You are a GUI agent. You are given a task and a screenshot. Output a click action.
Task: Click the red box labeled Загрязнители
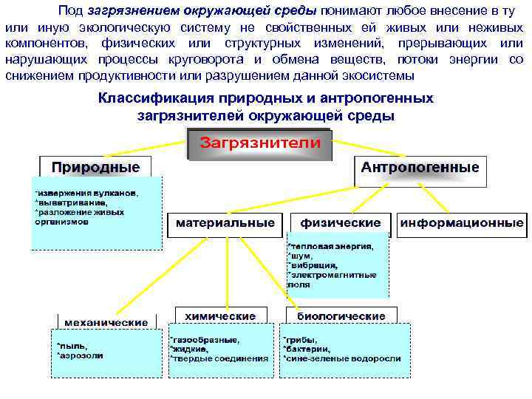pyautogui.click(x=261, y=143)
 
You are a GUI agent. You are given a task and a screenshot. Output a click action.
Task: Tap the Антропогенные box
pyautogui.click(x=419, y=168)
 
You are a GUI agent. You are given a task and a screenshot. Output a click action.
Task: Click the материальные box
pyautogui.click(x=225, y=223)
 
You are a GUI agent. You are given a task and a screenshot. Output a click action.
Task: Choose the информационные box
pyautogui.click(x=462, y=223)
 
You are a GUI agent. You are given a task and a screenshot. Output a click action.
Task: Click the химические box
pyautogui.click(x=220, y=316)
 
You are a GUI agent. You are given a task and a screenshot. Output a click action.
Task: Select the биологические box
pyautogui.click(x=341, y=316)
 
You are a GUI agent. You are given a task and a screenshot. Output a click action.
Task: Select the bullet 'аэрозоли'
pyautogui.click(x=81, y=355)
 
